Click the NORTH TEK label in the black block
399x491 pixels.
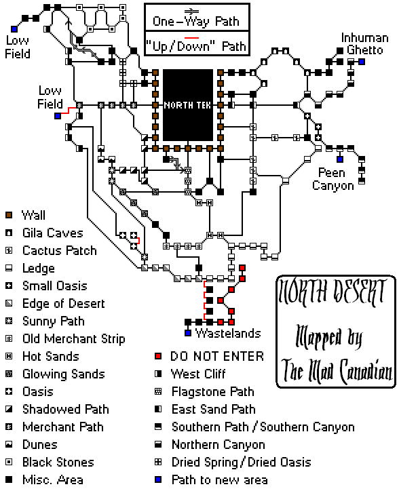(x=188, y=105)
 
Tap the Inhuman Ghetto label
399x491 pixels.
(x=364, y=44)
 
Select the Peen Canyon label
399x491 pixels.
(x=333, y=179)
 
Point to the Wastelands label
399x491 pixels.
(x=228, y=333)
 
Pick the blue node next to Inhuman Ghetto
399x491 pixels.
(x=362, y=62)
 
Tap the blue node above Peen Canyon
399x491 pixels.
(x=340, y=159)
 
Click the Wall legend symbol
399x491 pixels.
(x=9, y=215)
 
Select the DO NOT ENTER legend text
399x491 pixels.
(x=217, y=356)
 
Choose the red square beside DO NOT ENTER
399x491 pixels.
(x=158, y=356)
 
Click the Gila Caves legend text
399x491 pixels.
(x=53, y=233)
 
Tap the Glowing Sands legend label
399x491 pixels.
(x=64, y=374)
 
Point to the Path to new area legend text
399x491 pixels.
(x=219, y=479)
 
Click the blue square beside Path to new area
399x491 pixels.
(x=158, y=479)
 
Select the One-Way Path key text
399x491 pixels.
(x=196, y=21)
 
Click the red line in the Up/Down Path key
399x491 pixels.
(x=191, y=38)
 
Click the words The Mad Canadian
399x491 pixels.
(x=337, y=371)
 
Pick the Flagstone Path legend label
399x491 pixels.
(x=213, y=392)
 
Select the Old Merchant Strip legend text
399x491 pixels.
(x=74, y=339)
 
